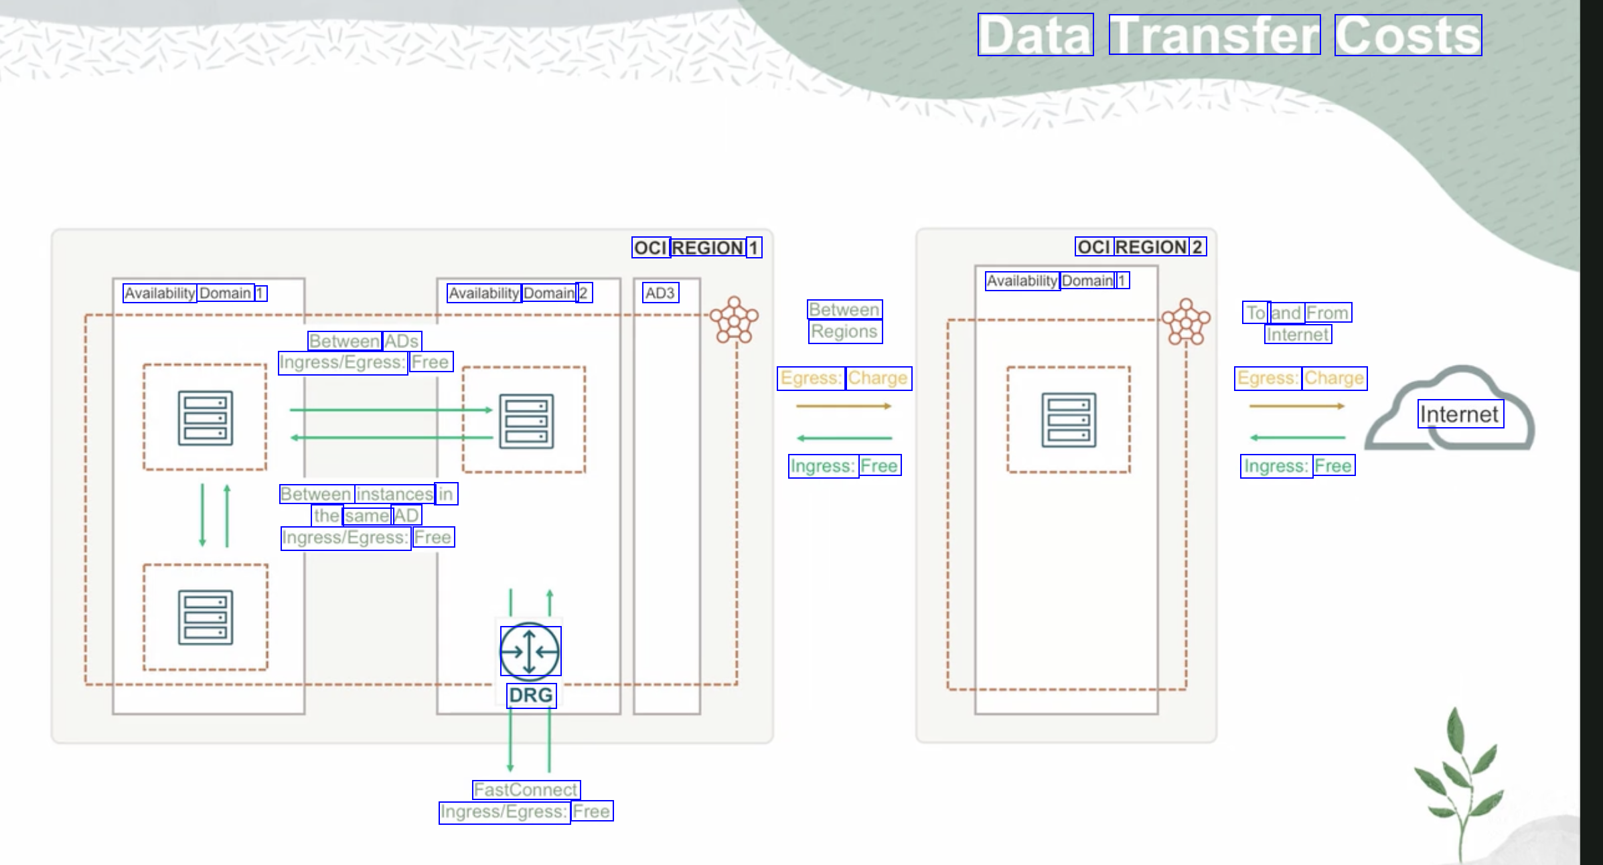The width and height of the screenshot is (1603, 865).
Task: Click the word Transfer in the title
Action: point(1214,35)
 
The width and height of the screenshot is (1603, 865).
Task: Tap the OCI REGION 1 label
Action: point(697,248)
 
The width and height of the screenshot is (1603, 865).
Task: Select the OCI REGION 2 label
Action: point(1140,247)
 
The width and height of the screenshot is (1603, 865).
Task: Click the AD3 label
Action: point(660,293)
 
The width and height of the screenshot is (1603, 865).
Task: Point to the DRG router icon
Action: point(530,651)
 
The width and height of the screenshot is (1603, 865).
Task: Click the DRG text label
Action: point(531,696)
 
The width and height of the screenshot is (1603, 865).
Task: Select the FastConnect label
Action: point(526,790)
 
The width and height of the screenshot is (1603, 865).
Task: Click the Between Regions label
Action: point(844,321)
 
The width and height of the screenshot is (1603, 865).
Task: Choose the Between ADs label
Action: point(364,341)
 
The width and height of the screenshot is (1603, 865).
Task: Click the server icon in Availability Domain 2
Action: point(526,421)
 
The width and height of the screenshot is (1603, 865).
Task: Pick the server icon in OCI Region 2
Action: point(1069,420)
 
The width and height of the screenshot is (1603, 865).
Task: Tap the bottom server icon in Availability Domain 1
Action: point(206,617)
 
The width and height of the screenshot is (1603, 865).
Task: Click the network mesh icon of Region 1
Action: point(734,320)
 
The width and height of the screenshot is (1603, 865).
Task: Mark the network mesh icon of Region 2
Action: point(1186,321)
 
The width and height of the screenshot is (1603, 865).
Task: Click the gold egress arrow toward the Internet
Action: point(1296,406)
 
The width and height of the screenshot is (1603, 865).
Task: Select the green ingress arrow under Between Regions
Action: point(844,439)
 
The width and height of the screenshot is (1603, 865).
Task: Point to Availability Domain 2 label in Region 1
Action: point(519,293)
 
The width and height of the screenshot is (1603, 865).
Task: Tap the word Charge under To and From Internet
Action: point(1334,378)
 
